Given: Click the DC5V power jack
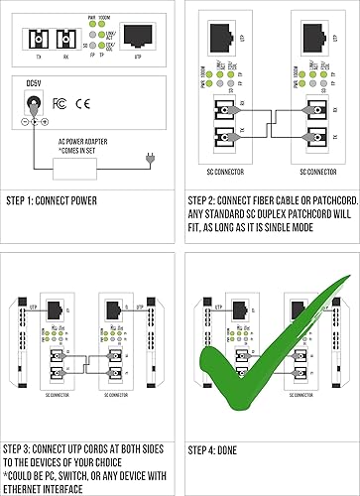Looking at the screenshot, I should pos(36,103).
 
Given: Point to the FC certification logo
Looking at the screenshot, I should pos(60,102).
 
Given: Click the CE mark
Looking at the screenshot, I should pos(82,102).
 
